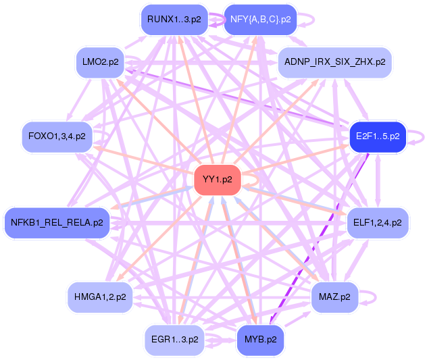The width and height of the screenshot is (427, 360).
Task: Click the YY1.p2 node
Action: click(218, 180)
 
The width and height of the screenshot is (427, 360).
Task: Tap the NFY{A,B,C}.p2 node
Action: click(260, 20)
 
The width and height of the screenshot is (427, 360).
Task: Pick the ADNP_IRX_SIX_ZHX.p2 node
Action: click(334, 61)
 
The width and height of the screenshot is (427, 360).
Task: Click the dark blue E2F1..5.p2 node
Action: click(376, 136)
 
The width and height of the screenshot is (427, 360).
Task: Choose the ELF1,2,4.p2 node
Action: click(377, 222)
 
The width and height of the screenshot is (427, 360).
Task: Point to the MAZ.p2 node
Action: click(334, 297)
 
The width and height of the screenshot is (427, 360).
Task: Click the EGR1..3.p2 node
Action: click(174, 339)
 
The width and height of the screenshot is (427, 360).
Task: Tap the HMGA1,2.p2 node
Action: click(100, 297)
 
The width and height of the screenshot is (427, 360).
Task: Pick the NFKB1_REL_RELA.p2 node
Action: click(56, 222)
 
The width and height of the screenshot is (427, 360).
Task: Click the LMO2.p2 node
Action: click(100, 62)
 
